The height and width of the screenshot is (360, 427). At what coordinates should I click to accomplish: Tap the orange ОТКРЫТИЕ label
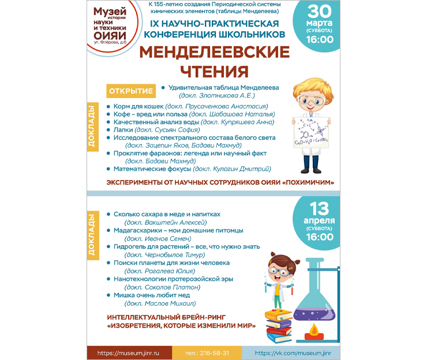(132, 91)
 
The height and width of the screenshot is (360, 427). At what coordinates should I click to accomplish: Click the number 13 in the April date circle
(320, 208)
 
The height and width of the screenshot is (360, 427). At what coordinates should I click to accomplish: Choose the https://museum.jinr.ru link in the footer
(128, 352)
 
